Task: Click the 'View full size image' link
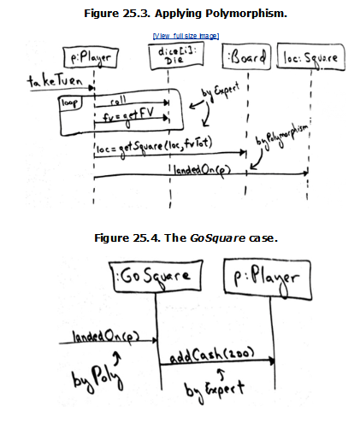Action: (185, 36)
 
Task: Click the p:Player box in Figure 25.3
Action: (93, 60)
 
